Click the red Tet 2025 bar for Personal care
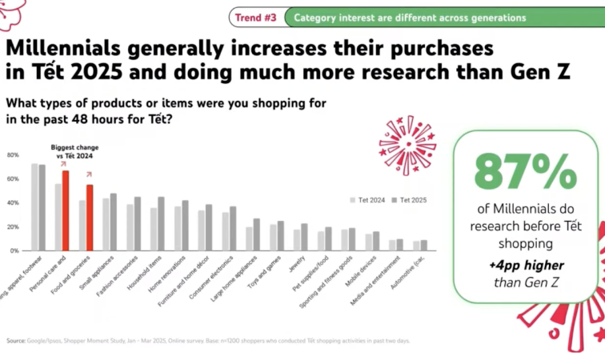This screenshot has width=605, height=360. tap(66, 210)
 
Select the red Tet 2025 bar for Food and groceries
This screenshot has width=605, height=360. tap(90, 218)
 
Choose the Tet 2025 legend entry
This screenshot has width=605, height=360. tap(412, 200)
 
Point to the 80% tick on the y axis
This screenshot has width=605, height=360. tap(13, 155)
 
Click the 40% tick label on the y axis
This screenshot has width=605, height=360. tap(13, 203)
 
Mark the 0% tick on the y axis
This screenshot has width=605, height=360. tap(14, 251)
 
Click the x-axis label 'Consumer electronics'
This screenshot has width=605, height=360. tap(213, 278)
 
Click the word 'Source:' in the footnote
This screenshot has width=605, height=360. tap(15, 341)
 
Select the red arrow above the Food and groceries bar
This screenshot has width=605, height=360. tap(89, 174)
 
